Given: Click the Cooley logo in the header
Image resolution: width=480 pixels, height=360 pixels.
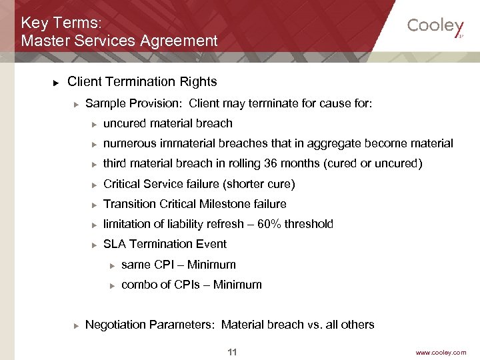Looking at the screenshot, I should pyautogui.click(x=435, y=26).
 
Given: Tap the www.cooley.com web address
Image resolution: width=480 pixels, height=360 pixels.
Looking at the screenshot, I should pyautogui.click(x=441, y=353).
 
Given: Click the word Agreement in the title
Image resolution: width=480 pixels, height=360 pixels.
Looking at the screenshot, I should pyautogui.click(x=179, y=41).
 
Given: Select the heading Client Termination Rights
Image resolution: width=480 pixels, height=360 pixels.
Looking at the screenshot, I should pyautogui.click(x=142, y=82).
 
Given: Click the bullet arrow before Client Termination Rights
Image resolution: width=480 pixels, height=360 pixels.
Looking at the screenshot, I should pyautogui.click(x=57, y=83).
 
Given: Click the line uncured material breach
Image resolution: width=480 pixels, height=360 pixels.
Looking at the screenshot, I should pyautogui.click(x=167, y=123).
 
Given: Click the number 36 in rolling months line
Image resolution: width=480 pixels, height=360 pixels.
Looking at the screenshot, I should pyautogui.click(x=267, y=163).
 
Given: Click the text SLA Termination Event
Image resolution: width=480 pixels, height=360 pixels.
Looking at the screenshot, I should pyautogui.click(x=165, y=244).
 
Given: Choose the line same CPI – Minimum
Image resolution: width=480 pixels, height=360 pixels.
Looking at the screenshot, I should pyautogui.click(x=178, y=265).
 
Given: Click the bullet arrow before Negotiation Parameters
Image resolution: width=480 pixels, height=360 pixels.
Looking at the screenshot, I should pyautogui.click(x=77, y=325).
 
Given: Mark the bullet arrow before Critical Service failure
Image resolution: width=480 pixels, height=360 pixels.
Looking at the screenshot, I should pyautogui.click(x=95, y=185).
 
